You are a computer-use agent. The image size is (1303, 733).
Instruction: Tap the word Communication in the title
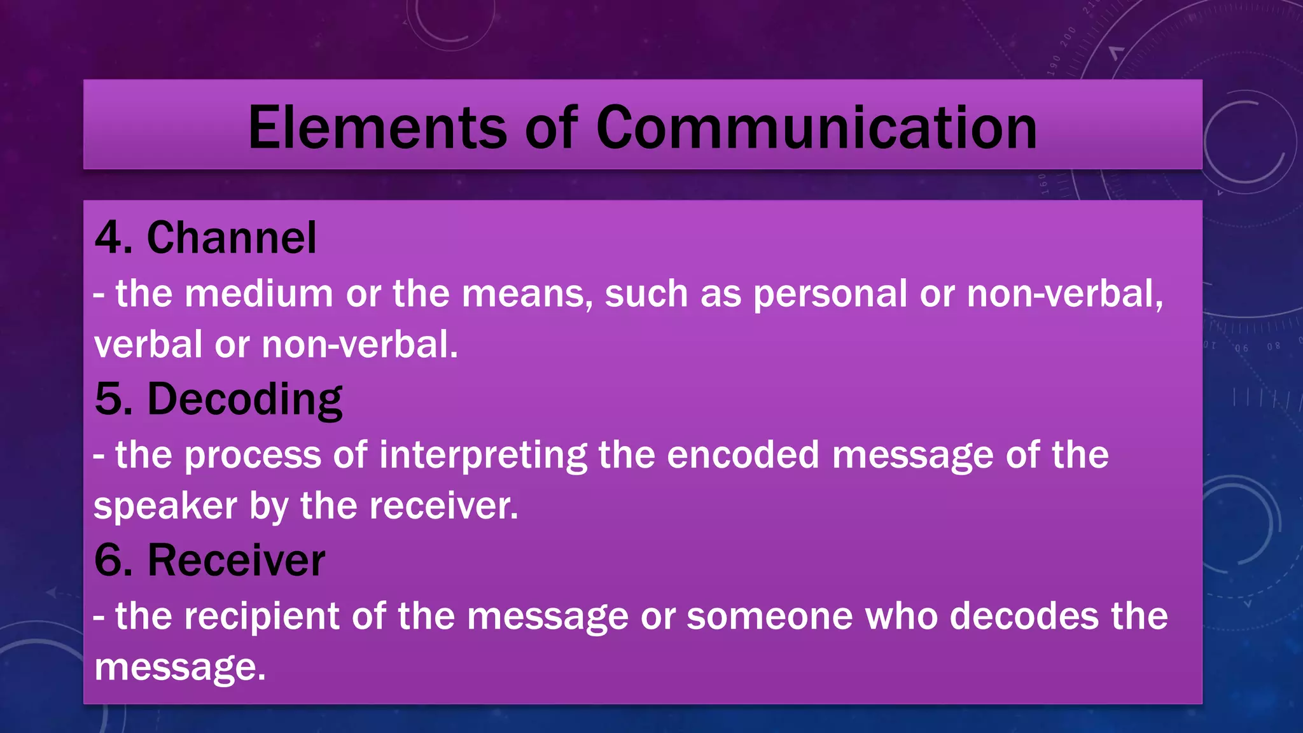816,128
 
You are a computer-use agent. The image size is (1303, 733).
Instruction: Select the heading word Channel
232,238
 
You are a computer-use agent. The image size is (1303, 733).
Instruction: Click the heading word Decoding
245,400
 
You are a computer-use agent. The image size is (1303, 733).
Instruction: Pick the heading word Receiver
236,561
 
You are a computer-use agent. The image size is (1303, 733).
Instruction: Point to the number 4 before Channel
109,238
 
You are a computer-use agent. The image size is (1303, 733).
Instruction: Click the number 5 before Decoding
109,400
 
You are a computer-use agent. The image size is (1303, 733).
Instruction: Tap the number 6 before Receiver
109,561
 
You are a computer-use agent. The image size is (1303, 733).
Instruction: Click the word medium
259,294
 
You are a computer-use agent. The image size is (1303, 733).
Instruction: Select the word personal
830,294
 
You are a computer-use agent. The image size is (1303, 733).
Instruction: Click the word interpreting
484,456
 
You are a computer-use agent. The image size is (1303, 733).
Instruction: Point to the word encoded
742,456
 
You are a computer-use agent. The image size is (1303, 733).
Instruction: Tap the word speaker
165,506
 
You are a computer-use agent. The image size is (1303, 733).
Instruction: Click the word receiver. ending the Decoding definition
443,506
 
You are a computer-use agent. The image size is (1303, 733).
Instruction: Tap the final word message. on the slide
180,668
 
